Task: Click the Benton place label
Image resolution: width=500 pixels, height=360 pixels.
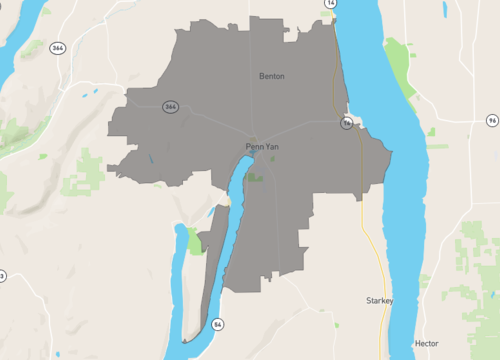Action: point(271,75)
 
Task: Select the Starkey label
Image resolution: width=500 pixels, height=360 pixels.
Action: point(380,300)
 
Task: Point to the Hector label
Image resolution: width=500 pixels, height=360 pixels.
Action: point(426,342)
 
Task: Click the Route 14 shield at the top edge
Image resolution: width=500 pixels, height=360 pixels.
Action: point(330,4)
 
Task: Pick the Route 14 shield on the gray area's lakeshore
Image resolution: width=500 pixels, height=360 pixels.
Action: point(346,123)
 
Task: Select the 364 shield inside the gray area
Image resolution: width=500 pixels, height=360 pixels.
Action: point(171,107)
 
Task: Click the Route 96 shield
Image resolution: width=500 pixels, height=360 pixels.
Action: point(492,120)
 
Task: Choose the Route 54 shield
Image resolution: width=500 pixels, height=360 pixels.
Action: point(217,325)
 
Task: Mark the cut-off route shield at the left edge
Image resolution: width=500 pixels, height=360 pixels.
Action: point(2,276)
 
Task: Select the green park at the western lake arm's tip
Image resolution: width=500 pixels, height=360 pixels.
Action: point(194,240)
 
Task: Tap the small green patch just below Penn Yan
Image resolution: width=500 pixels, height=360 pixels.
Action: point(257,177)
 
